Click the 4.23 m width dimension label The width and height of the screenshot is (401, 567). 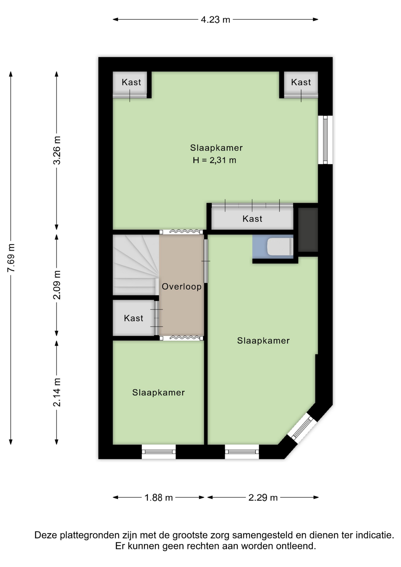[215, 19]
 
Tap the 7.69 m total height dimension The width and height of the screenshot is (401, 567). [11, 258]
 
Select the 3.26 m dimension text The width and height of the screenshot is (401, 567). [57, 150]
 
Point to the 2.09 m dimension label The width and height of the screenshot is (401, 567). [57, 285]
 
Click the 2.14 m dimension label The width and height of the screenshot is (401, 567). [57, 392]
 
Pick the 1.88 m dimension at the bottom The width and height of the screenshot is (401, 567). [159, 498]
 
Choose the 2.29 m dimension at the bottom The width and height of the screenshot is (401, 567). [263, 498]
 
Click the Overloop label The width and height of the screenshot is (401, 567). [182, 286]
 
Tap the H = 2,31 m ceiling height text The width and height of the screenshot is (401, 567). [214, 160]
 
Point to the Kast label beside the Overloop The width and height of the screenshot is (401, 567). [133, 318]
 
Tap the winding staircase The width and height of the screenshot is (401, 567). [136, 265]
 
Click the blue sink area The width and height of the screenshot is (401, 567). [273, 247]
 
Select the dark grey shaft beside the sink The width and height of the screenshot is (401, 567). [308, 230]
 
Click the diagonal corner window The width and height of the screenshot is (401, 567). [302, 428]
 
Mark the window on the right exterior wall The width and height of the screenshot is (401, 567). [325, 140]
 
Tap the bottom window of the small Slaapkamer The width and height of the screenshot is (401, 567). [159, 452]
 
